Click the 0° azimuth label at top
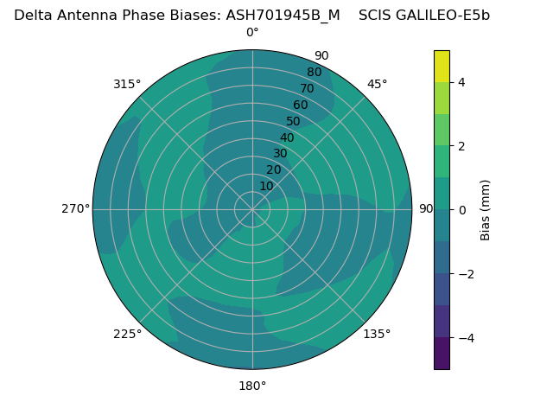pyautogui.click(x=252, y=33)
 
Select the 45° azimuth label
pyautogui.click(x=377, y=84)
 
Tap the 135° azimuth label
pyautogui.click(x=377, y=334)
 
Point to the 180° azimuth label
pyautogui.click(x=252, y=386)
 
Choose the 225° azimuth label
pyautogui.click(x=127, y=334)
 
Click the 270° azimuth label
pyautogui.click(x=75, y=209)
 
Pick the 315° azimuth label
pyautogui.click(x=127, y=84)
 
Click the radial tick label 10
pyautogui.click(x=266, y=186)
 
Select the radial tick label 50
pyautogui.click(x=294, y=121)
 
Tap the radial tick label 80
pyautogui.click(x=315, y=73)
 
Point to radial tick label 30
pyautogui.click(x=280, y=154)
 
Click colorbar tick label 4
pyautogui.click(x=462, y=82)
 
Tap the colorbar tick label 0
pyautogui.click(x=462, y=210)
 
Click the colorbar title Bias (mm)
pyautogui.click(x=486, y=210)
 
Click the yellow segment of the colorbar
pyautogui.click(x=442, y=66)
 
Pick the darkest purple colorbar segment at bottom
pyautogui.click(x=442, y=354)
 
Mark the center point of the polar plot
pyautogui.click(x=252, y=209)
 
